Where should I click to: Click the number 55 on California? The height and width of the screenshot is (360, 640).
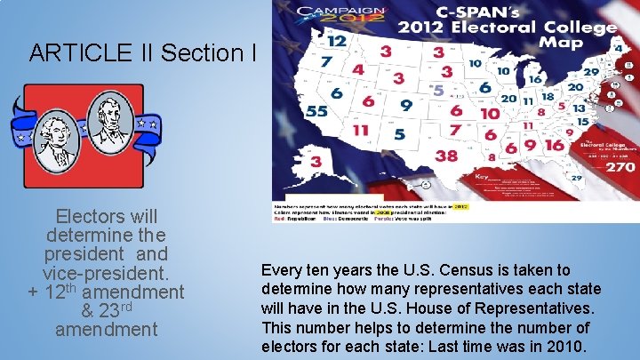316,112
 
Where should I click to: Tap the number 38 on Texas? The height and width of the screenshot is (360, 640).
446,156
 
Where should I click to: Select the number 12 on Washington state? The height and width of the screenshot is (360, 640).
337,41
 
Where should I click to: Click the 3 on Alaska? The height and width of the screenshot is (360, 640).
317,161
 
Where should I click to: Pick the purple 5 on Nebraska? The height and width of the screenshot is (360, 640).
437,90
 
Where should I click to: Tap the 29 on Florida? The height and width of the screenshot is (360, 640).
576,178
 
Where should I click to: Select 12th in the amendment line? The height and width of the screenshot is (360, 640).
62,291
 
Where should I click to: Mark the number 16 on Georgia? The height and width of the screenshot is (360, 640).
553,145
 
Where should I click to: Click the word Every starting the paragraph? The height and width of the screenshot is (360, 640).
279,270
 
